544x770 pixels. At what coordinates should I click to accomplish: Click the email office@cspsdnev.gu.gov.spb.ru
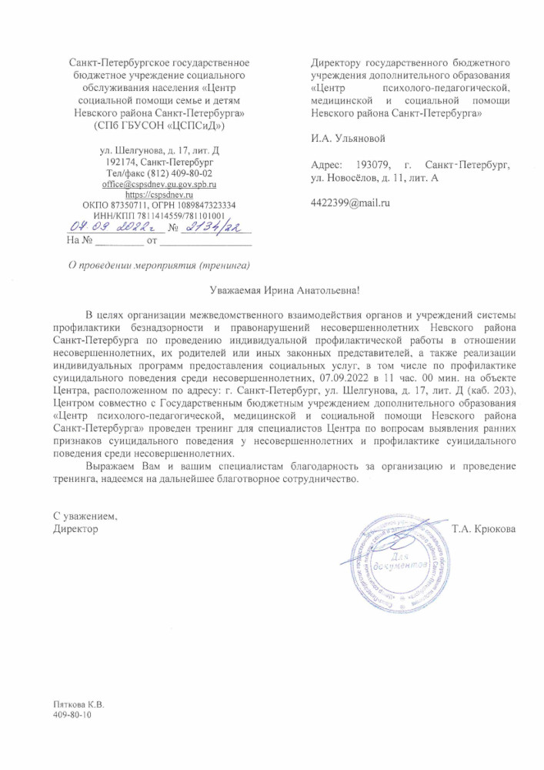(x=159, y=185)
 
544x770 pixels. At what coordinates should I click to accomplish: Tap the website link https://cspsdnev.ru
(x=159, y=196)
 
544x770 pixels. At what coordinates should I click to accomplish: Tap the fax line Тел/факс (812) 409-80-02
(x=159, y=174)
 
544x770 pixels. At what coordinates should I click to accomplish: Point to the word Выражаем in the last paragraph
(x=113, y=467)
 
